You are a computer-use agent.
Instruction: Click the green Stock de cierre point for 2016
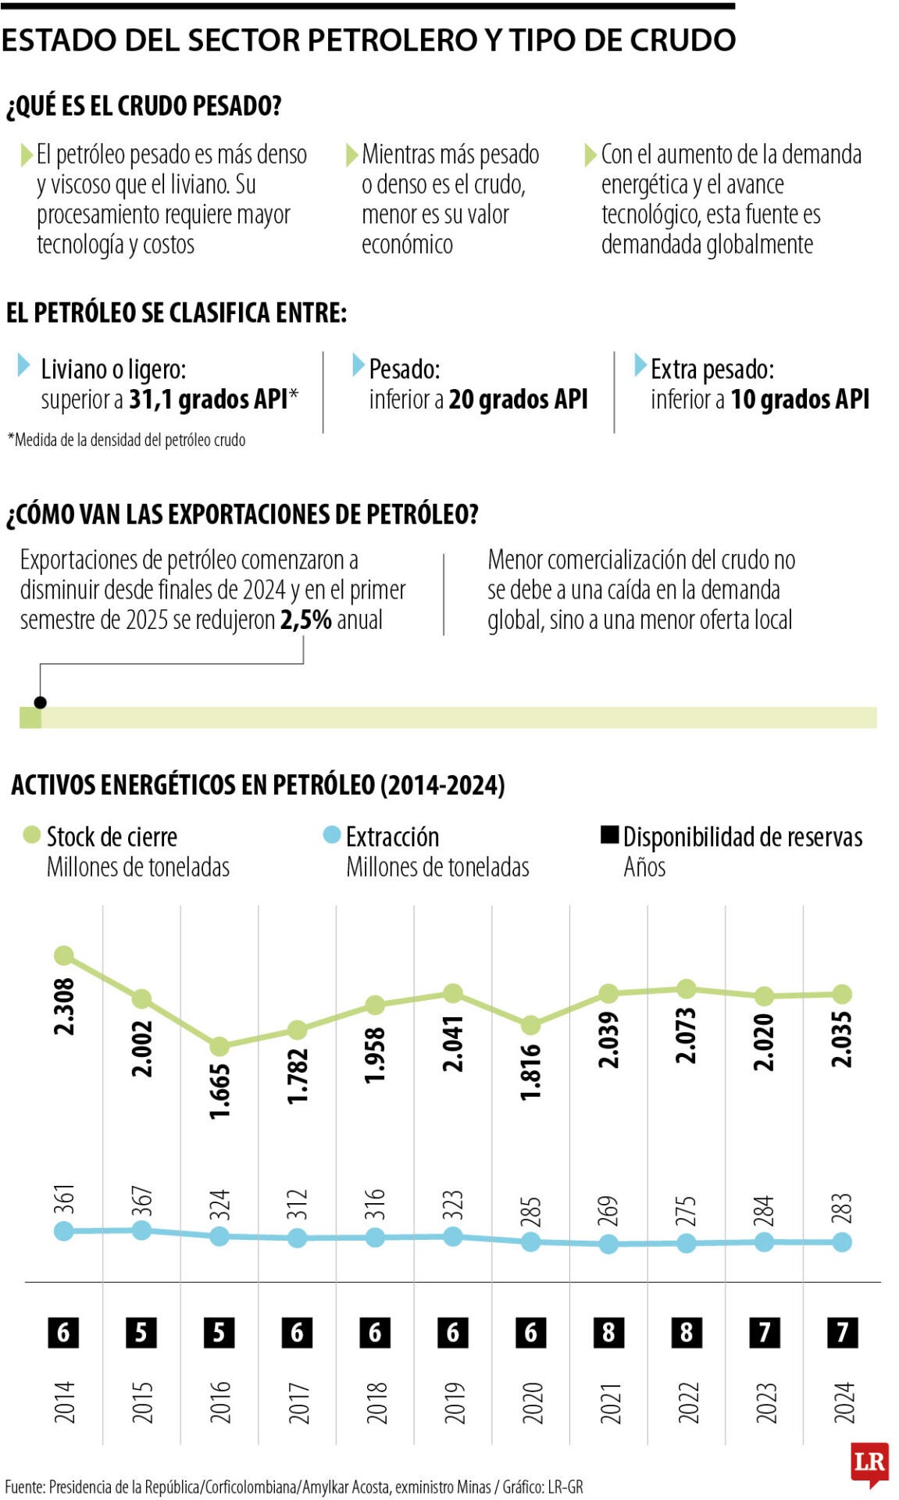(219, 1046)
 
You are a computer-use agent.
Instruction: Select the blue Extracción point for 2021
(608, 1245)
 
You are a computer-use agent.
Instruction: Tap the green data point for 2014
(64, 955)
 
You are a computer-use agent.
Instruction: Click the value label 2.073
(686, 1035)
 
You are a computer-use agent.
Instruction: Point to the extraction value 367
(141, 1202)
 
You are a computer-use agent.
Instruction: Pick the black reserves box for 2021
(608, 1332)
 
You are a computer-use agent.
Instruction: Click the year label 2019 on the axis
(453, 1402)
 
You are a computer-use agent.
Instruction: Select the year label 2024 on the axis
(843, 1402)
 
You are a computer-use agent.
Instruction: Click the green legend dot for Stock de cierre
(31, 835)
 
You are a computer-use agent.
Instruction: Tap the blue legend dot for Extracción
(332, 835)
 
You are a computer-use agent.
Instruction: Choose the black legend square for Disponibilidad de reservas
(609, 835)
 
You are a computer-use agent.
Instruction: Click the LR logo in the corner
(869, 1461)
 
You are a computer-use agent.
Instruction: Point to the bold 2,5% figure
(306, 620)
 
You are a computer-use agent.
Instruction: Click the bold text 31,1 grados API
(209, 399)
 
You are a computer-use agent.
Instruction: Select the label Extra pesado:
(712, 369)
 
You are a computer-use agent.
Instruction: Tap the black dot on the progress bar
(41, 702)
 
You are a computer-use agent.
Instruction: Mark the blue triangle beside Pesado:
(358, 364)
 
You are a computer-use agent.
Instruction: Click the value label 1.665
(219, 1091)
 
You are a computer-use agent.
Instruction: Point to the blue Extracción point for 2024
(842, 1242)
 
